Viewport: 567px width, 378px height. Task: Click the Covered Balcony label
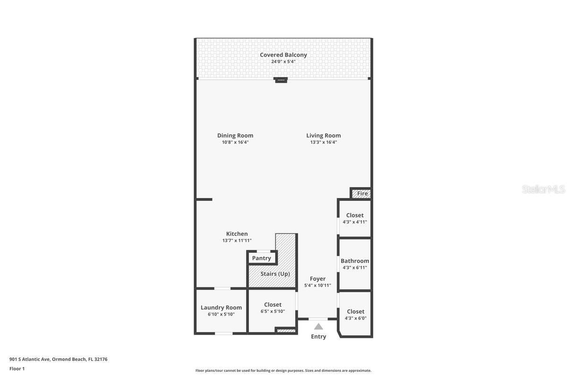click(283, 55)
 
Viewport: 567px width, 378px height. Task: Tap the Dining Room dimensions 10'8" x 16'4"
click(235, 142)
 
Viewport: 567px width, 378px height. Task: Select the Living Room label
click(323, 136)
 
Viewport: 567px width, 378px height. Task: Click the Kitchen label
click(237, 234)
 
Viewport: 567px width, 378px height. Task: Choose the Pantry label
click(261, 258)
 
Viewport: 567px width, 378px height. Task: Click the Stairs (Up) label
click(275, 274)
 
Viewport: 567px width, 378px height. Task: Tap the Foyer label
click(318, 279)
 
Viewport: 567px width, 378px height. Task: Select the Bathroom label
click(355, 261)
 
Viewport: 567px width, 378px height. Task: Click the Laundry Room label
click(221, 308)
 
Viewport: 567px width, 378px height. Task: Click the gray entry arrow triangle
click(318, 326)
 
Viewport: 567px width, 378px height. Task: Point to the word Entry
click(318, 336)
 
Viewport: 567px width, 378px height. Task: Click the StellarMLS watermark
click(543, 189)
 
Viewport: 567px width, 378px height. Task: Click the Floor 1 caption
click(17, 369)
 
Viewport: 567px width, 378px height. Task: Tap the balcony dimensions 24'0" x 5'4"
click(283, 62)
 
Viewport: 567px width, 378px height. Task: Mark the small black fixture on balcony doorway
click(281, 80)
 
